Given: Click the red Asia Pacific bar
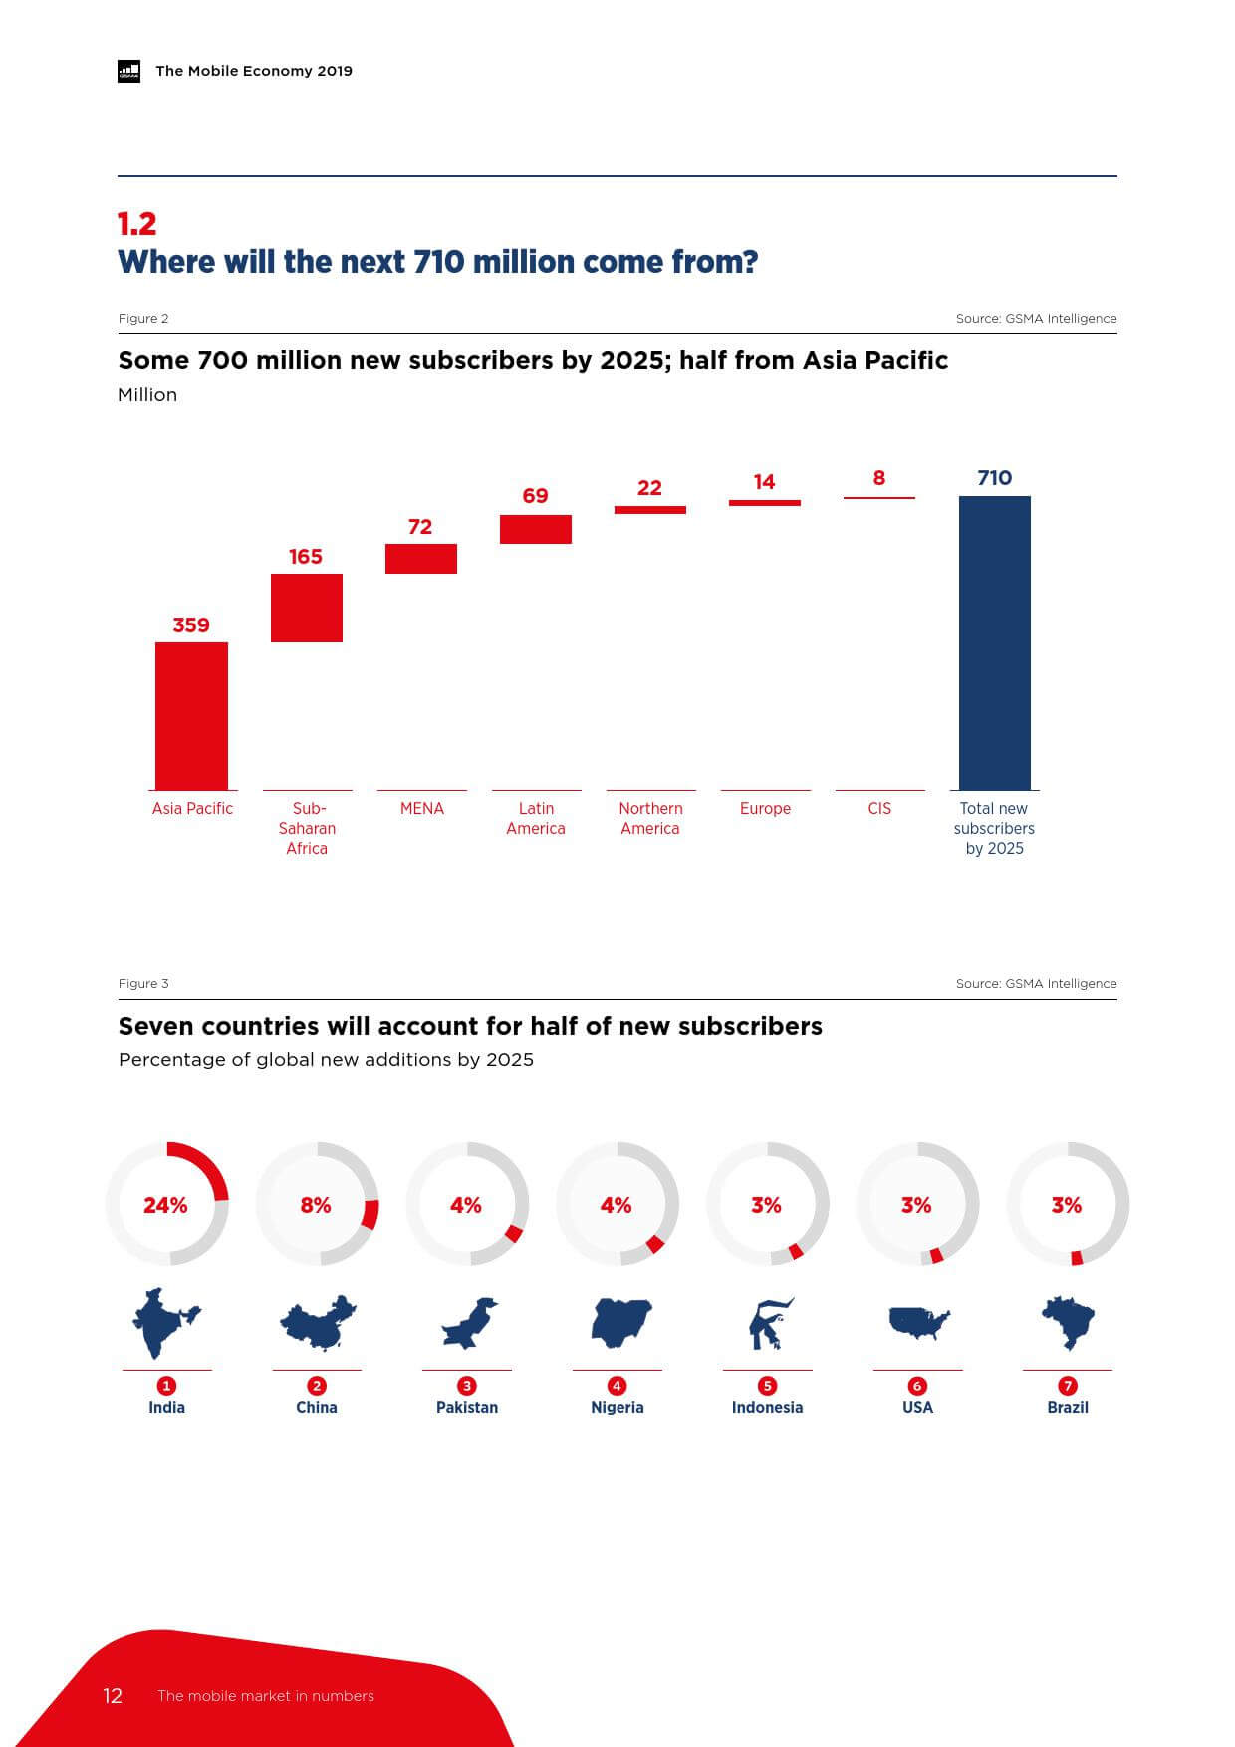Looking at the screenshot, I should point(191,715).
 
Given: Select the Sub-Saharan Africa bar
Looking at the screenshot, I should point(307,608).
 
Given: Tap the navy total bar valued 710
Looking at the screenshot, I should point(994,642).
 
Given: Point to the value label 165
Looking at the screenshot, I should point(306,557).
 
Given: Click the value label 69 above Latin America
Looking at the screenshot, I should point(535,496).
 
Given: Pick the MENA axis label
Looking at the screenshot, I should point(421,809).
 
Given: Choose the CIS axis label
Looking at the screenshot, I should point(879,809).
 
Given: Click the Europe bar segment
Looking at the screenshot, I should point(764,503).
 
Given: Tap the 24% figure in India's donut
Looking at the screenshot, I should point(165,1205).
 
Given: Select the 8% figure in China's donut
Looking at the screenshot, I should point(316,1205).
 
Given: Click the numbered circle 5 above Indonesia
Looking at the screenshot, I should point(767,1386).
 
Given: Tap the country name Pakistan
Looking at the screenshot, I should point(467,1408).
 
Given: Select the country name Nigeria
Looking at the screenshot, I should point(617,1408).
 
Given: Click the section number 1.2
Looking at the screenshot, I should point(136,224).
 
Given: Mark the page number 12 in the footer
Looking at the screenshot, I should point(113,1696).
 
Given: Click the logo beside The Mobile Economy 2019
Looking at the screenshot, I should point(128,71).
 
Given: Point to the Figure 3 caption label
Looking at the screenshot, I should point(143,984).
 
